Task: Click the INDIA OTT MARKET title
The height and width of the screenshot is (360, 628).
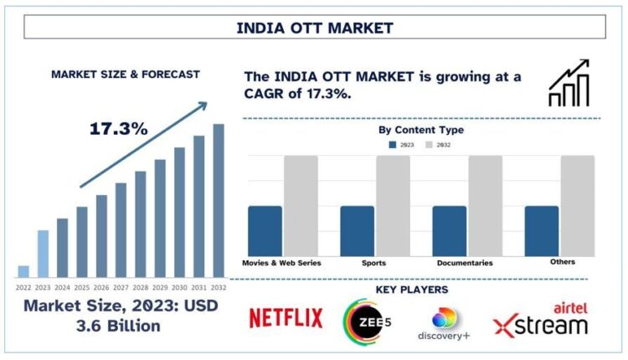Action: pos(314,28)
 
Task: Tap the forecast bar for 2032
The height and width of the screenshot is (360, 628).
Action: pos(219,200)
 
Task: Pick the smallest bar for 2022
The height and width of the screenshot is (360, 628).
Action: pos(23,270)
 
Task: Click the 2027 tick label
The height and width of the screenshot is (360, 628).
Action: pos(121,286)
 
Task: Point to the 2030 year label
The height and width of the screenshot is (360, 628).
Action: pos(179,286)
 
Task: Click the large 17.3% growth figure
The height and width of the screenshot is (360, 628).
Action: pos(119,129)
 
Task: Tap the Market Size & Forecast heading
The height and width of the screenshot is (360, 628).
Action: pos(126,75)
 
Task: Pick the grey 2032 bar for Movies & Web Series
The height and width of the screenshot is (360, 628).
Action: pos(301,206)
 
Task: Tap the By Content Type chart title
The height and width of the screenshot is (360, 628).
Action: pos(420,130)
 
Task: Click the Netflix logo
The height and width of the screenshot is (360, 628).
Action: pos(286,319)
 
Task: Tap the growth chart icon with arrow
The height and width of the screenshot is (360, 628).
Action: pos(569,84)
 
